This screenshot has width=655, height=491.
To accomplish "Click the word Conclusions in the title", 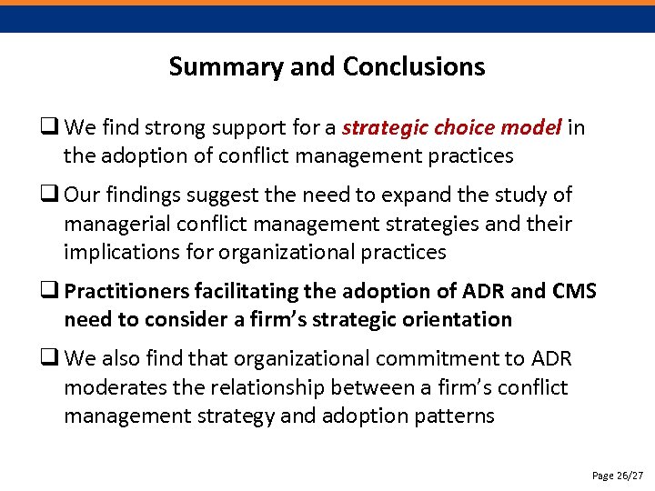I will coord(414,66).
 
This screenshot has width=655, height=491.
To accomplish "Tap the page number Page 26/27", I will coord(617,476).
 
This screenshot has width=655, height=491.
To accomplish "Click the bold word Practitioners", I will coord(126,292).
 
